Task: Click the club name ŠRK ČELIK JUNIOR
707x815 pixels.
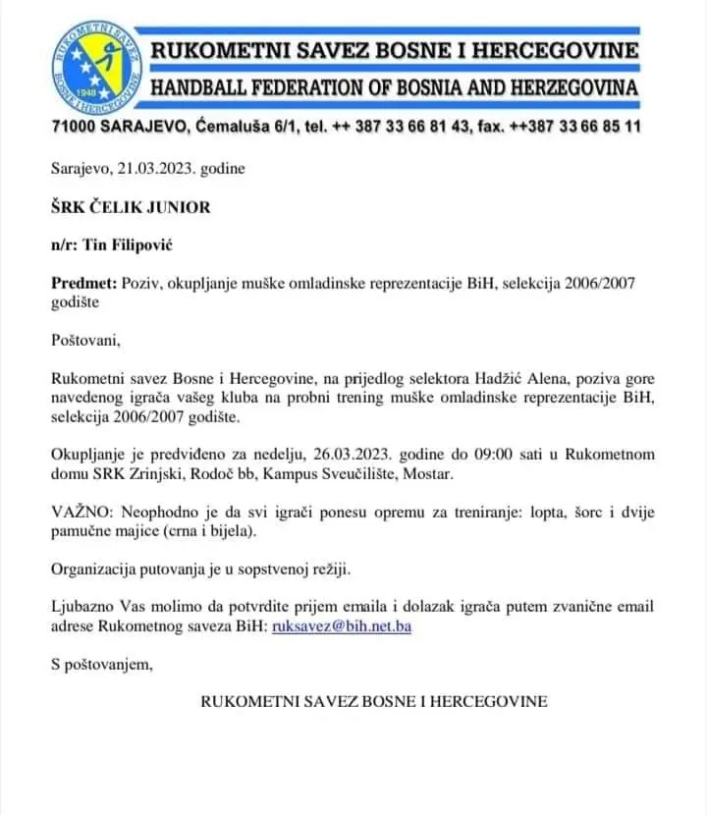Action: (131, 207)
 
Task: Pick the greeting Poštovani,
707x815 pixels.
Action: (85, 341)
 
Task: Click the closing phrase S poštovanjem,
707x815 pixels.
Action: (102, 665)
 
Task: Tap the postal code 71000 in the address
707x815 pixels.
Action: (76, 127)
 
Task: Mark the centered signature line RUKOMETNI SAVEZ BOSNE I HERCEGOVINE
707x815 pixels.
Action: (374, 702)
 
